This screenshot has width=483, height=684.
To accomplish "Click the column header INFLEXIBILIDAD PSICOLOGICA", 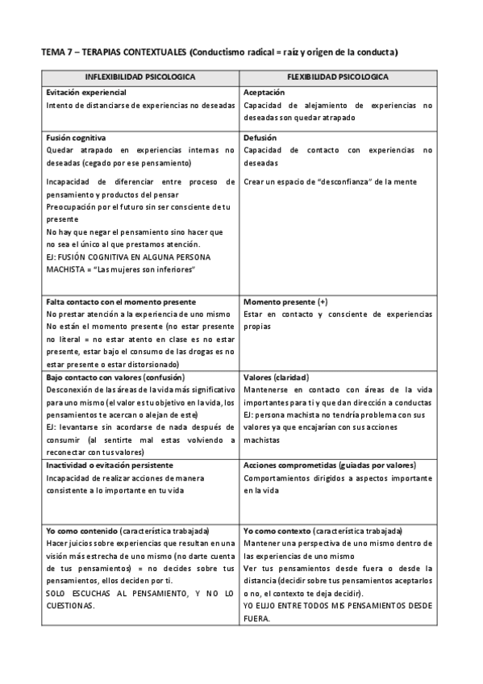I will tap(140, 77).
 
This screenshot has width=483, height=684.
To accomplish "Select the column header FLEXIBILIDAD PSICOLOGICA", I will tap(339, 77).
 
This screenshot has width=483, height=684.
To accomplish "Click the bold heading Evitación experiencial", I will tap(85, 92).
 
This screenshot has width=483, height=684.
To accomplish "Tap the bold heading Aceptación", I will tap(263, 92).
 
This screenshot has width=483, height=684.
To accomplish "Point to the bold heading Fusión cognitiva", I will tap(77, 137).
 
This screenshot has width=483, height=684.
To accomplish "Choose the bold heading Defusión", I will tap(260, 137).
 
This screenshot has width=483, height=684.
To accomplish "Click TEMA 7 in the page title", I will tap(56, 52).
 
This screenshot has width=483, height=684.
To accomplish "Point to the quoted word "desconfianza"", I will tap(353, 181).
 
